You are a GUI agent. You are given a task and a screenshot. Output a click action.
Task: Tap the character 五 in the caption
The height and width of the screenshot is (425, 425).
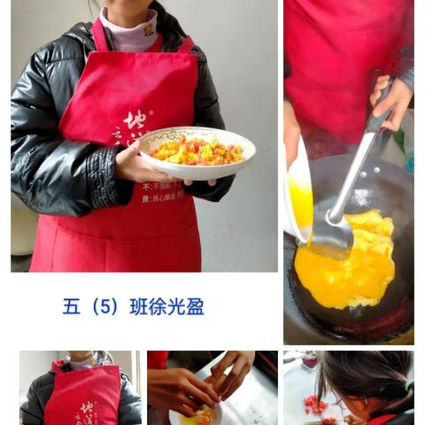click(72, 307)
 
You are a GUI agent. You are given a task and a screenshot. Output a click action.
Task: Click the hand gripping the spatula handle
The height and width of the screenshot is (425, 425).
click(390, 101)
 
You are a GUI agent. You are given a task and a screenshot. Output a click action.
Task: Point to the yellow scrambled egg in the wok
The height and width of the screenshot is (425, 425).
click(350, 266)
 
